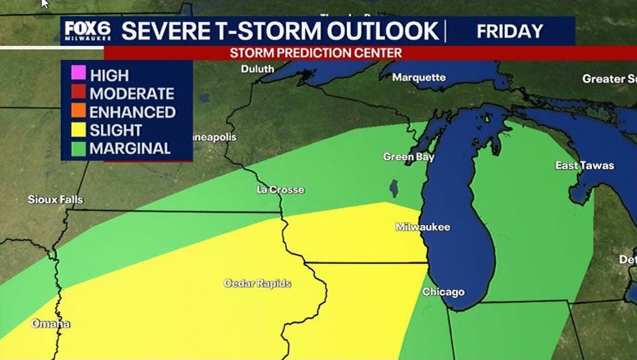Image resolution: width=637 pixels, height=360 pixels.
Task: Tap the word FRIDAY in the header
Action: click(509, 31)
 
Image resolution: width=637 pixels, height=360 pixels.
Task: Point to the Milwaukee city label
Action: click(422, 227)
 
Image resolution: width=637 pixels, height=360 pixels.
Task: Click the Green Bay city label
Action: click(408, 157)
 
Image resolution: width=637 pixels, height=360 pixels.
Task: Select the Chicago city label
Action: click(443, 292)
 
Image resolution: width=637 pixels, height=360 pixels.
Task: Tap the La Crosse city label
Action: click(280, 190)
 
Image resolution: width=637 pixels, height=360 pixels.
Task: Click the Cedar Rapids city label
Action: click(258, 283)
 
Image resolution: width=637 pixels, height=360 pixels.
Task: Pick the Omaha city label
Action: click(51, 323)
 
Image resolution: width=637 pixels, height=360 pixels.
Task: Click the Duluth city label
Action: click(258, 69)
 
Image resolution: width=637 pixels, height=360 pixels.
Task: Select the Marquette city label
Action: click(419, 77)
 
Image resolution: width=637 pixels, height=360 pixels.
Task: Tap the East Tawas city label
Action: click(584, 166)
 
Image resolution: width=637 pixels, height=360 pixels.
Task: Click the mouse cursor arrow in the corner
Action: click(45, 4)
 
